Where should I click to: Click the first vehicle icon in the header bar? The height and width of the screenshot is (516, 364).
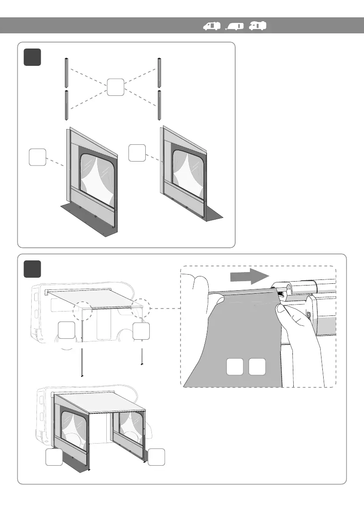pyautogui.click(x=212, y=26)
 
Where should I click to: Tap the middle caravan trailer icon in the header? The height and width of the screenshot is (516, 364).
pyautogui.click(x=235, y=26)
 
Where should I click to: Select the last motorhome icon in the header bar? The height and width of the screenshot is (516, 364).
pyautogui.click(x=257, y=26)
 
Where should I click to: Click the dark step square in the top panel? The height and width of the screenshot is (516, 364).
pyautogui.click(x=33, y=57)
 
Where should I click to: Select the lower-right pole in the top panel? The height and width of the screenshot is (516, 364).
pyautogui.click(x=160, y=105)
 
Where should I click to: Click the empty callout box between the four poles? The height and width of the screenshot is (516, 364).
pyautogui.click(x=115, y=87)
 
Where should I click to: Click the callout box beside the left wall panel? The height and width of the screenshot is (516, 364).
pyautogui.click(x=37, y=157)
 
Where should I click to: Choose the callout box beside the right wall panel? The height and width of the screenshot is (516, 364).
pyautogui.click(x=137, y=153)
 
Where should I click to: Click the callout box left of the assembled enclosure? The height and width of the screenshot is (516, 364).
pyautogui.click(x=54, y=458)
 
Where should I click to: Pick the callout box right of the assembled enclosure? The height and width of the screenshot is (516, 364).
pyautogui.click(x=156, y=458)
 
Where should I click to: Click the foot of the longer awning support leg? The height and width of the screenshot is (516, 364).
pyautogui.click(x=82, y=376)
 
